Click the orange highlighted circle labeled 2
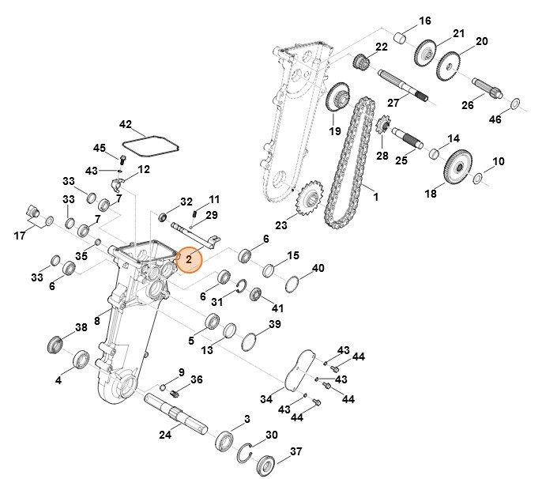tap(190, 258)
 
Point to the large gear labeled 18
tap(457, 168)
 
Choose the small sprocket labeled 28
tap(385, 125)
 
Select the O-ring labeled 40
tap(290, 283)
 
